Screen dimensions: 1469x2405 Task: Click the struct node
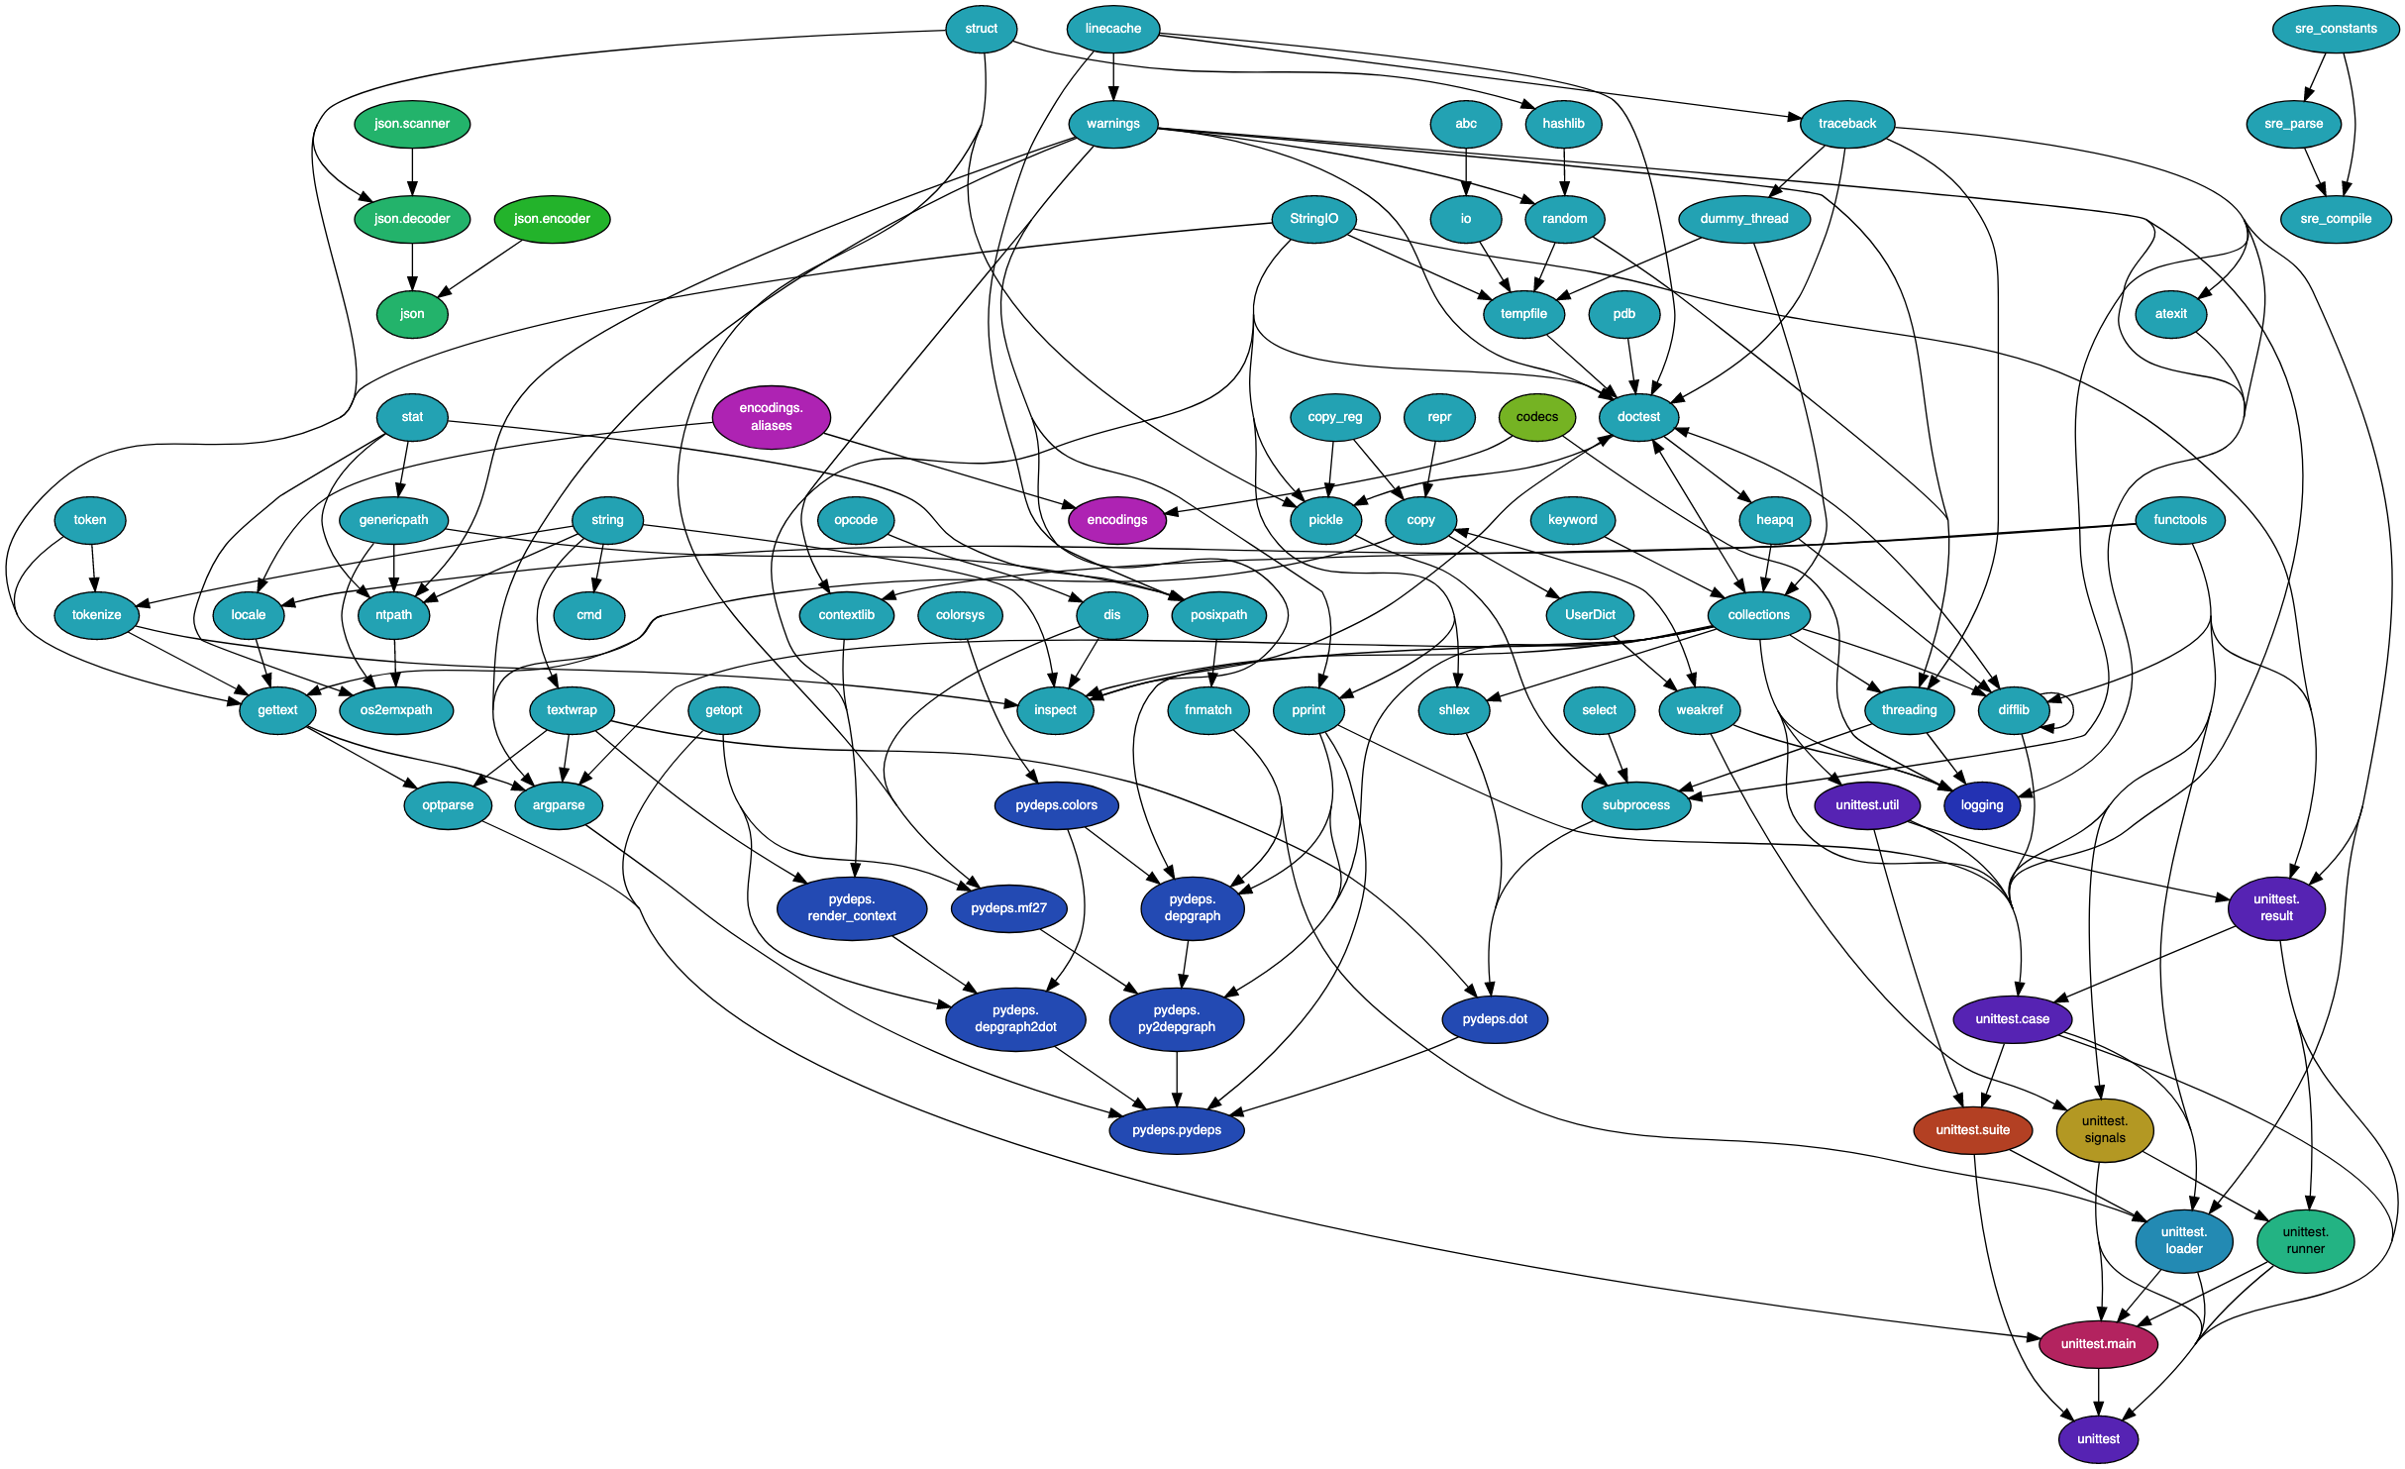click(x=981, y=29)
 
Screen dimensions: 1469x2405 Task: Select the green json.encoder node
click(x=552, y=219)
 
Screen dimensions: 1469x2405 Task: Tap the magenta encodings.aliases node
click(x=771, y=417)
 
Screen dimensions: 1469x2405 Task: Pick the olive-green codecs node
click(x=1536, y=417)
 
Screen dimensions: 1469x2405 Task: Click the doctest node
click(x=1638, y=417)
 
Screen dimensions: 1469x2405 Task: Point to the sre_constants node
click(x=2335, y=29)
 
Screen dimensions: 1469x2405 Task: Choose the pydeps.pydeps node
click(x=1176, y=1130)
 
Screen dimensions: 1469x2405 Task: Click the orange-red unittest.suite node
click(x=1972, y=1130)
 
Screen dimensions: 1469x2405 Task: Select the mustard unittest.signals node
click(x=2104, y=1130)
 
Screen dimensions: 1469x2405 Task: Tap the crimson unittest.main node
click(x=2098, y=1344)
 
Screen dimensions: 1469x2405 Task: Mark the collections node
click(x=1758, y=615)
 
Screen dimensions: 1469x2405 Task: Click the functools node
click(x=2179, y=520)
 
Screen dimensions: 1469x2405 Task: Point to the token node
click(x=90, y=520)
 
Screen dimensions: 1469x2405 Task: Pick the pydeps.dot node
click(x=1495, y=1019)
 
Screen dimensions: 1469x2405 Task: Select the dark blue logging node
click(x=1981, y=805)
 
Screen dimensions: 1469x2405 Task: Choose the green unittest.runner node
click(x=2305, y=1241)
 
